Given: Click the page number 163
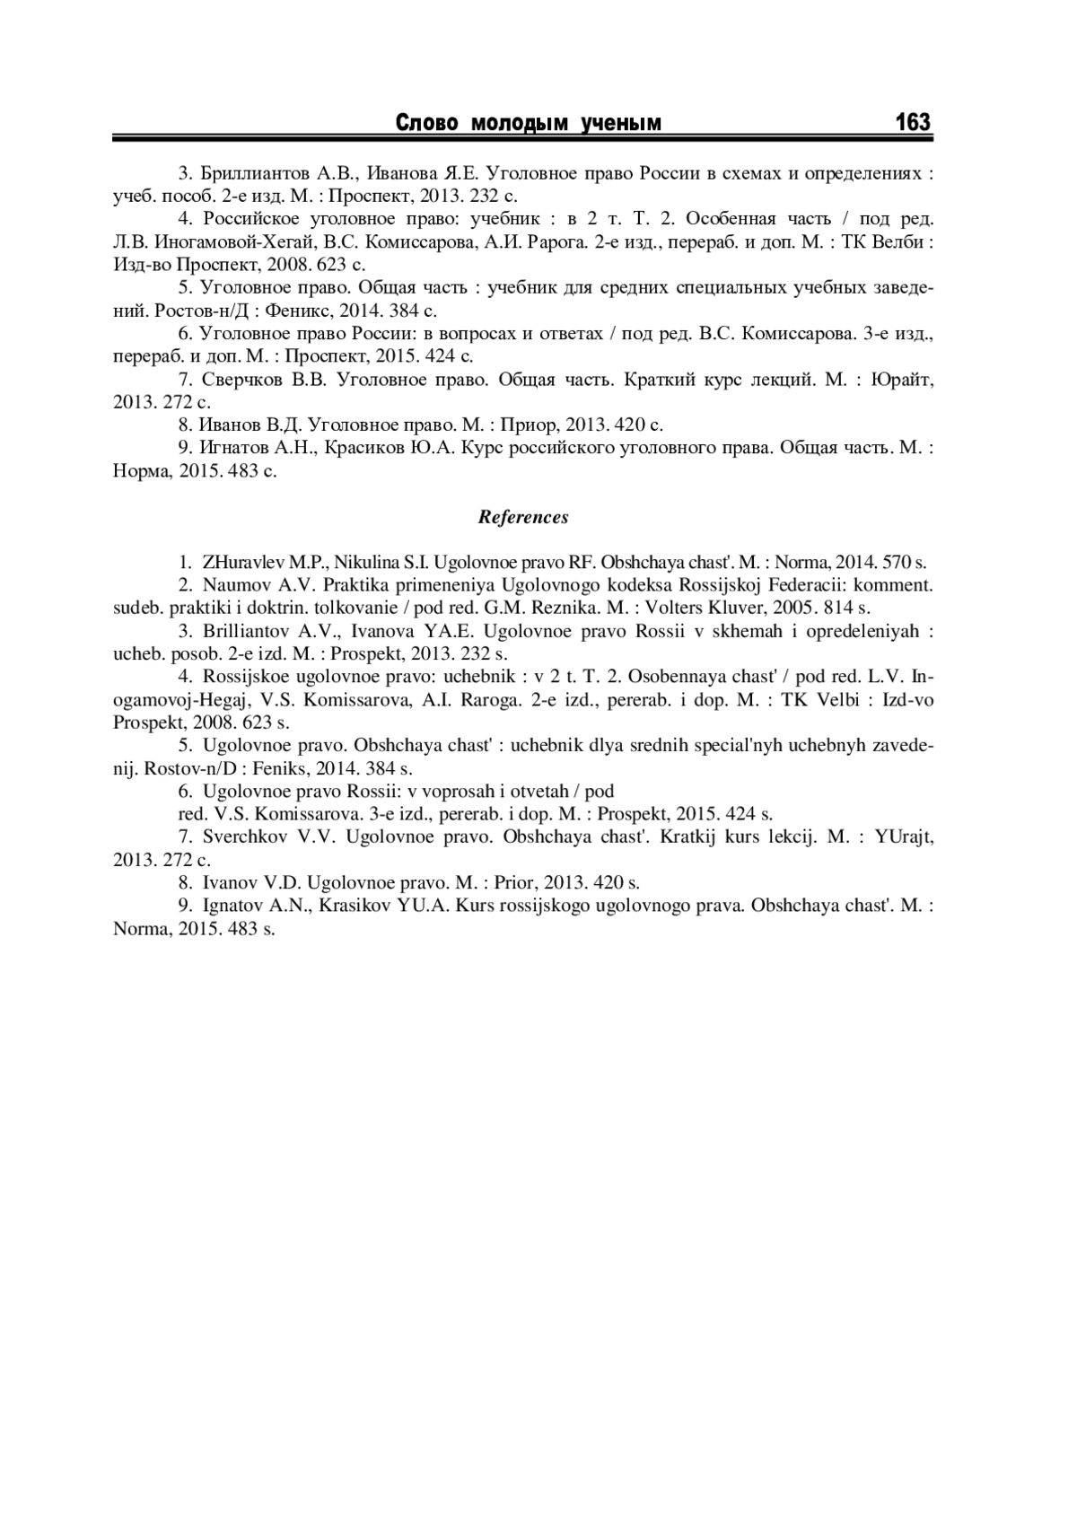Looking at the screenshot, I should (913, 122).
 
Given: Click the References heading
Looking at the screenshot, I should (523, 517).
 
